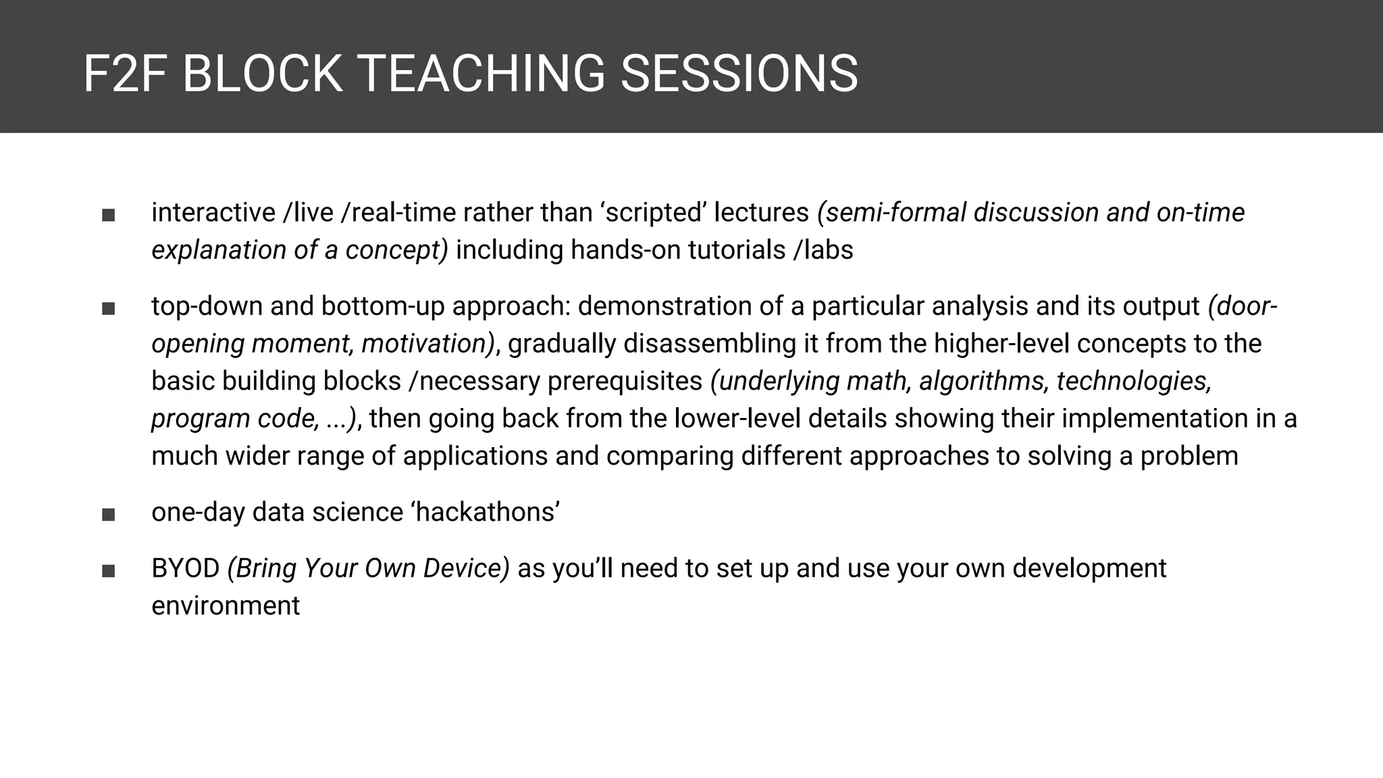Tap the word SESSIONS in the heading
pyautogui.click(x=739, y=74)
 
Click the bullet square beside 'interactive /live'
pyautogui.click(x=108, y=215)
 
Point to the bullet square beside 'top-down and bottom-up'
pyautogui.click(x=108, y=309)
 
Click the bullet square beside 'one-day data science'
pyautogui.click(x=108, y=515)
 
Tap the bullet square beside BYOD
pyautogui.click(x=108, y=571)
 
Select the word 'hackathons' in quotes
pyautogui.click(x=485, y=512)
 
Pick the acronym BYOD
pyautogui.click(x=186, y=569)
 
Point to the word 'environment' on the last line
pyautogui.click(x=225, y=606)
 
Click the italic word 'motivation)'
pyautogui.click(x=428, y=344)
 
